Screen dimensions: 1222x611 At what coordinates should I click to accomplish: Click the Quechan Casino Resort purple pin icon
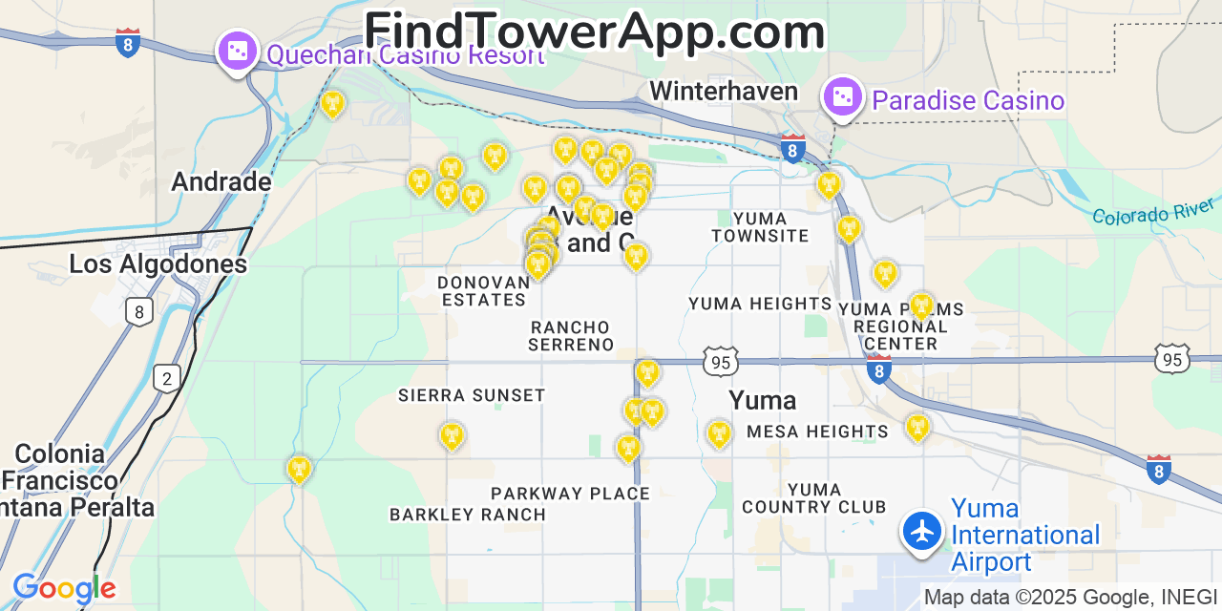pyautogui.click(x=237, y=52)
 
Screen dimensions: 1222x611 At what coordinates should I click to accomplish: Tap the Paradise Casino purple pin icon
pyautogui.click(x=843, y=97)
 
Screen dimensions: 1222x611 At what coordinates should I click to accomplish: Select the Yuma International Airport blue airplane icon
pyautogui.click(x=922, y=531)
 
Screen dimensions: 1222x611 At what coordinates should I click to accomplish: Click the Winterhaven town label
pyautogui.click(x=724, y=91)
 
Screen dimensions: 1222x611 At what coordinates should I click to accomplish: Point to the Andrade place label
pyautogui.click(x=221, y=181)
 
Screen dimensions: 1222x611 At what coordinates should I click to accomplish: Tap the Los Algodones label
pyautogui.click(x=158, y=263)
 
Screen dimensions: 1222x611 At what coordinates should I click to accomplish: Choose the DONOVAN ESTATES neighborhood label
pyautogui.click(x=483, y=291)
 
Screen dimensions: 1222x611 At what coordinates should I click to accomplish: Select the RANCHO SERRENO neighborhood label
pyautogui.click(x=571, y=336)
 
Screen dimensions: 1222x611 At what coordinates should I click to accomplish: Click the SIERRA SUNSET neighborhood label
pyautogui.click(x=472, y=395)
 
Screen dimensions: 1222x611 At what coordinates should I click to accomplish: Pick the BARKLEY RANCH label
pyautogui.click(x=468, y=515)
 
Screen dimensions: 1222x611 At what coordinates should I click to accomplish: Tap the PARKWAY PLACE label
pyautogui.click(x=570, y=494)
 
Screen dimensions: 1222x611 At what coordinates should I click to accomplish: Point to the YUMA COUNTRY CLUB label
pyautogui.click(x=814, y=498)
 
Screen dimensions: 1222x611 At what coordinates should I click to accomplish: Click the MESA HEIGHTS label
pyautogui.click(x=817, y=432)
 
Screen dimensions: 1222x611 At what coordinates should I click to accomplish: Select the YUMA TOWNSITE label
pyautogui.click(x=760, y=227)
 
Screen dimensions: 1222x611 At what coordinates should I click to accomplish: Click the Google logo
pyautogui.click(x=64, y=589)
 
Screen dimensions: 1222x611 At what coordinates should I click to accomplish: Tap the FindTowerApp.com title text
pyautogui.click(x=594, y=32)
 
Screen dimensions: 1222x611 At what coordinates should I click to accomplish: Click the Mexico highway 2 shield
pyautogui.click(x=167, y=379)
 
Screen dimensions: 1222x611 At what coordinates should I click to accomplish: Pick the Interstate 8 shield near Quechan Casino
pyautogui.click(x=128, y=42)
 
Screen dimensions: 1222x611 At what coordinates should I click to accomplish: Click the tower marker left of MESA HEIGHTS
pyautogui.click(x=718, y=433)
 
